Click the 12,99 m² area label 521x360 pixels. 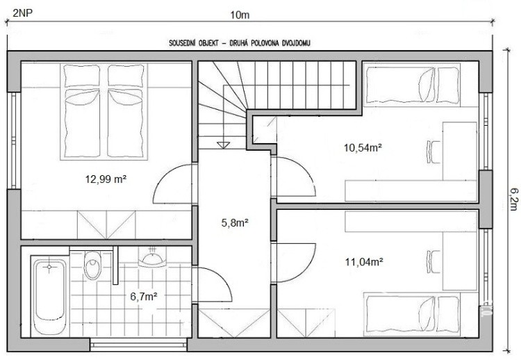(x=106, y=179)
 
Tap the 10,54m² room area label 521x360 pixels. (x=362, y=147)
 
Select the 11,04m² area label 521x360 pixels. (x=364, y=262)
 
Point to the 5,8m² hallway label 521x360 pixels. (x=235, y=222)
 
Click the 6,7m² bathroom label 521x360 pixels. (x=144, y=296)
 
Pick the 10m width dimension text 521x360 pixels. (x=240, y=15)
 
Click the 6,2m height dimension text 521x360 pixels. (x=513, y=199)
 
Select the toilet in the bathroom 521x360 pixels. (x=92, y=265)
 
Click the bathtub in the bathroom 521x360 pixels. (x=50, y=294)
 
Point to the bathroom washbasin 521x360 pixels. (x=152, y=259)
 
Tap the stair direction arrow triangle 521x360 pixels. (x=223, y=145)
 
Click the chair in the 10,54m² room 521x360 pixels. (x=433, y=152)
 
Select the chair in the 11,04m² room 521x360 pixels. (x=433, y=261)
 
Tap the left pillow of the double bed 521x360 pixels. (x=82, y=76)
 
